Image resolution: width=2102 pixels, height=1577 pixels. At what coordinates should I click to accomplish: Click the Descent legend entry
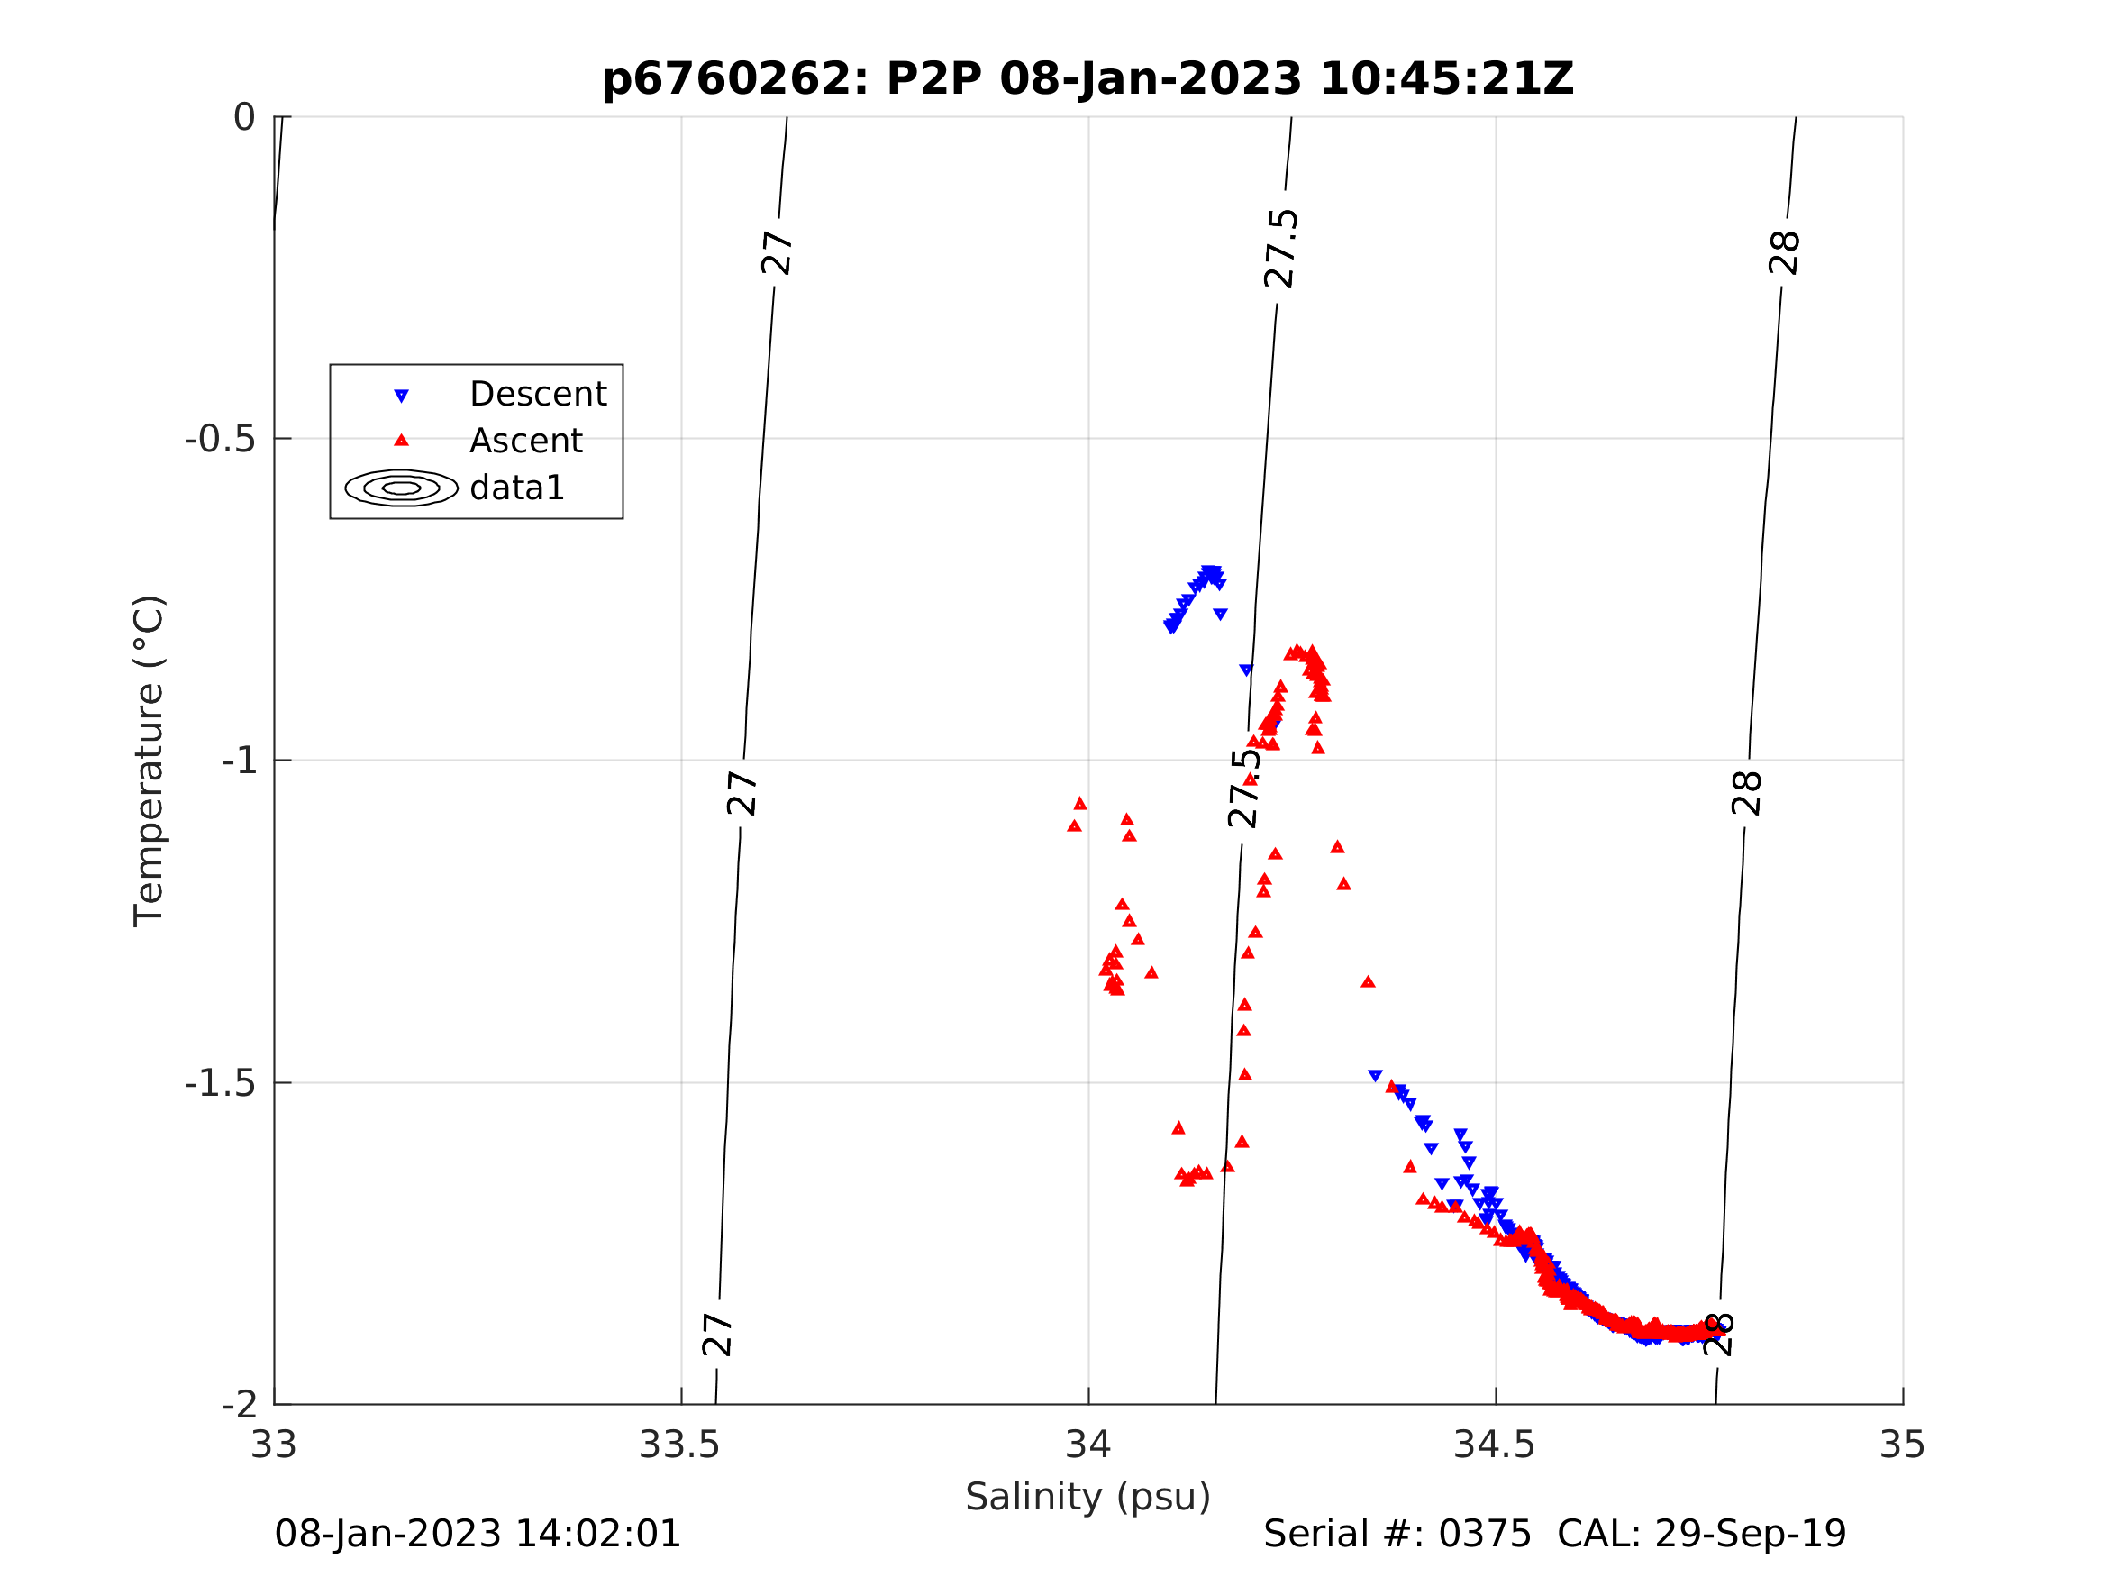[x=538, y=394]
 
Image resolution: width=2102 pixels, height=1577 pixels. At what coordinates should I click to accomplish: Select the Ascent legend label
[x=525, y=440]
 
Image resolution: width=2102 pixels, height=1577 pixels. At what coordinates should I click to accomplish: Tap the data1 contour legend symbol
[x=401, y=488]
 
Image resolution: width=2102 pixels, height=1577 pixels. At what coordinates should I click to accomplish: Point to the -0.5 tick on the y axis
[x=220, y=439]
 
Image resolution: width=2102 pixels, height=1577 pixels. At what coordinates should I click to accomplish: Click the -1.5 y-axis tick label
[x=220, y=1082]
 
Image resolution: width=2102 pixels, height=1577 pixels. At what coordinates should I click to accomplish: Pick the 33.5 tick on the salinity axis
[x=679, y=1445]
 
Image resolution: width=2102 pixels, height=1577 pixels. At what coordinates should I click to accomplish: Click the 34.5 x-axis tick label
[x=1495, y=1445]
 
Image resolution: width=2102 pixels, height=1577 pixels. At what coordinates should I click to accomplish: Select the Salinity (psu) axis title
[x=1088, y=1496]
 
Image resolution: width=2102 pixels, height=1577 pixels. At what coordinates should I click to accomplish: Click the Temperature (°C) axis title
[x=150, y=761]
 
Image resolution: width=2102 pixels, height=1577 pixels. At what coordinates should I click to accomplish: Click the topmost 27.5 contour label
[x=1281, y=249]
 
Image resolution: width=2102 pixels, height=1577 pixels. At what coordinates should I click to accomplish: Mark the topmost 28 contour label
[x=1785, y=253]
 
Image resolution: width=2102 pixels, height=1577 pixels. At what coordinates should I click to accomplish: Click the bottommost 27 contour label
[x=717, y=1335]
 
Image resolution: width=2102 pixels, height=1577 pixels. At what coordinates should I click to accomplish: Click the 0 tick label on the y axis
[x=244, y=118]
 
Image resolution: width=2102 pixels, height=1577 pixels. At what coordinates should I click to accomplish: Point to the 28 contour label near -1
[x=1747, y=794]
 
